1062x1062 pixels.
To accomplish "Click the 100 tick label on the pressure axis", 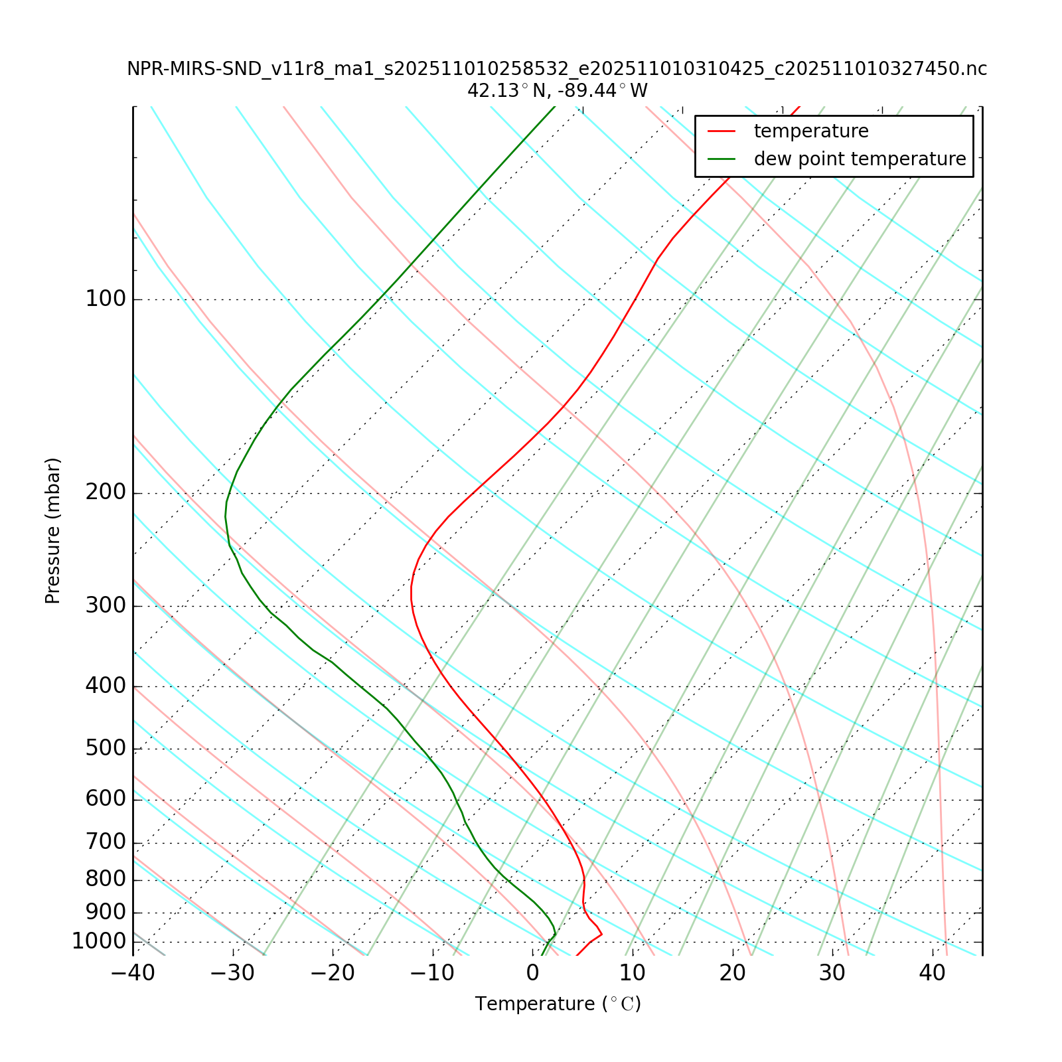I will click(106, 299).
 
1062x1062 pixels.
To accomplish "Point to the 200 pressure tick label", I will click(106, 493).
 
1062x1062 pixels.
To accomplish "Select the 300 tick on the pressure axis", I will click(106, 606).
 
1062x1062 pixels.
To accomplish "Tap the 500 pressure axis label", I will click(106, 749).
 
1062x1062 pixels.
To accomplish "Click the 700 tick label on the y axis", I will click(106, 843).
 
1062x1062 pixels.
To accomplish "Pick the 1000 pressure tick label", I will click(99, 941).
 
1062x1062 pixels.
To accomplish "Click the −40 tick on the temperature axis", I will click(133, 973).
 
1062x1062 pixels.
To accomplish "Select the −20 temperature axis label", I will click(333, 973).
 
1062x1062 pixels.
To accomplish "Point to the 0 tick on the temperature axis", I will click(532, 973).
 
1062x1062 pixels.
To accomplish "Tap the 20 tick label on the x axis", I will click(733, 973).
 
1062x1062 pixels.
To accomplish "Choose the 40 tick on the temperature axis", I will click(932, 973).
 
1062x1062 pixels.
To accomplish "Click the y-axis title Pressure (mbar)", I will click(53, 531).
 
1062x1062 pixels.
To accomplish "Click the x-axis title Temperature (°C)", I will click(558, 1004).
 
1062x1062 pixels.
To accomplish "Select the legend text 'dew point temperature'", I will click(860, 159).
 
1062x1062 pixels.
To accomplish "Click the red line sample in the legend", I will click(721, 131).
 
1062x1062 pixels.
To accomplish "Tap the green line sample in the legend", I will click(721, 159).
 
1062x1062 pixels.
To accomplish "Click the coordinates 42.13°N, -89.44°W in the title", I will click(557, 90).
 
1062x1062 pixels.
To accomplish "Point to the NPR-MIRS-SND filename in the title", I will click(557, 69).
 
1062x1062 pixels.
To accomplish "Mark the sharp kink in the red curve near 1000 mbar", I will click(601, 935).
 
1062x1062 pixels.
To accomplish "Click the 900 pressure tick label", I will click(106, 912).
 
